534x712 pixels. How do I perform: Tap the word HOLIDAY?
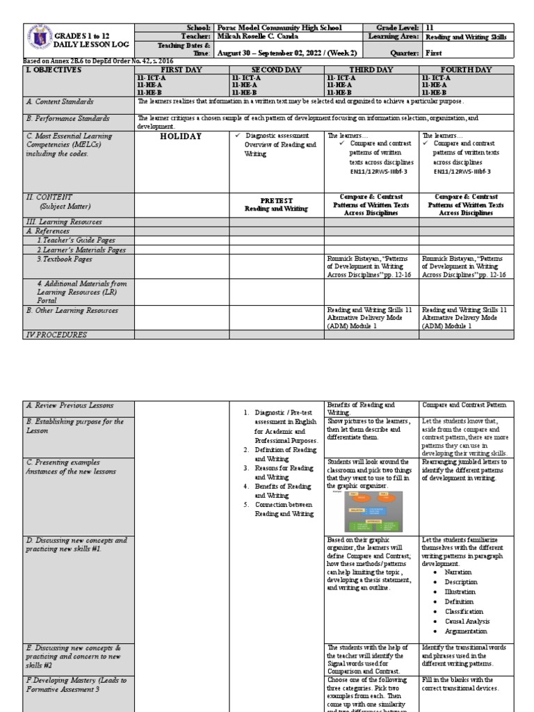(181, 136)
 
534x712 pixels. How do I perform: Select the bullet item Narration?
(458, 572)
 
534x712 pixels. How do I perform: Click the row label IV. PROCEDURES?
(58, 334)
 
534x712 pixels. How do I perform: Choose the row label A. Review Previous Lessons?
(70, 405)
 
